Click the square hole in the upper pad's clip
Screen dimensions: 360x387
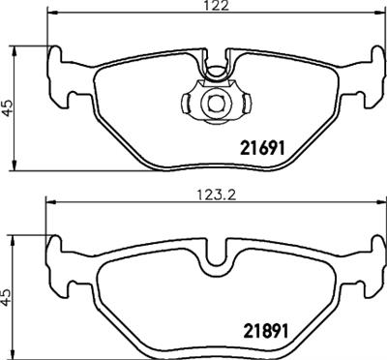(213, 102)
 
